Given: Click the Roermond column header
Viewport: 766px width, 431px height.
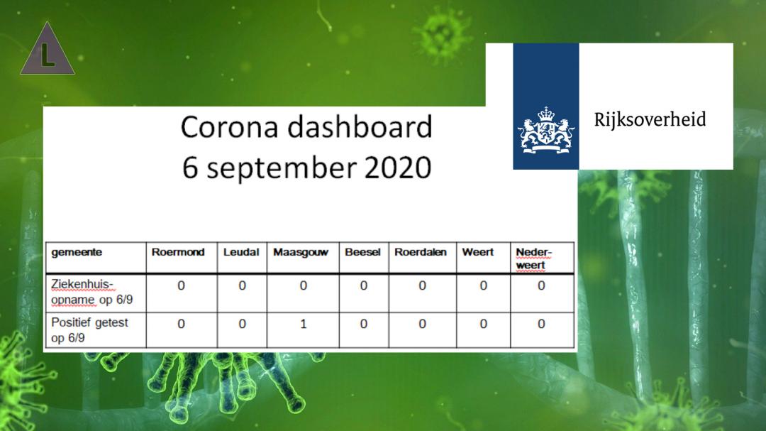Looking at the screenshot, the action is [178, 253].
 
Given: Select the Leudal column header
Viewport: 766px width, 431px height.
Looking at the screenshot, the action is [241, 253].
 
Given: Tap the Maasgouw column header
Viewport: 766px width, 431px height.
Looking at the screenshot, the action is [301, 253].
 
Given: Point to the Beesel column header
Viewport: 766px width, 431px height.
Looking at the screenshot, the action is [362, 253].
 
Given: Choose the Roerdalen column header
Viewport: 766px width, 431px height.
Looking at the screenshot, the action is [421, 253].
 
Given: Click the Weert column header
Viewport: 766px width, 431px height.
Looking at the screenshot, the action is [478, 253].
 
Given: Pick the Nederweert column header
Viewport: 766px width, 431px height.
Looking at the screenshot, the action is [533, 258].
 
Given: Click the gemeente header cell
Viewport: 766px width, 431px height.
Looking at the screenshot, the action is [77, 253].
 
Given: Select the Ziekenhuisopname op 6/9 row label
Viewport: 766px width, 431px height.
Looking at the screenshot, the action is [91, 292].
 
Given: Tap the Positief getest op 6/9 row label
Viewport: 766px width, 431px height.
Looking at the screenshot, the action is [89, 330].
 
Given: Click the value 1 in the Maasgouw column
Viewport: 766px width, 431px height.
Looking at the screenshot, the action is [304, 324].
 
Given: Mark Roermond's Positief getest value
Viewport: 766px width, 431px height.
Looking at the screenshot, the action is [182, 324].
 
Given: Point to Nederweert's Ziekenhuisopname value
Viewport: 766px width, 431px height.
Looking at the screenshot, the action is [541, 285].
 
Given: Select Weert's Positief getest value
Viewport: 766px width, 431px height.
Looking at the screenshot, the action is [483, 324].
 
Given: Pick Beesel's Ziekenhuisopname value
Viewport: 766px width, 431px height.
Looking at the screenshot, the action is [363, 285].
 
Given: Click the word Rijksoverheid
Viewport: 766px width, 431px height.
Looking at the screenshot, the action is [650, 120].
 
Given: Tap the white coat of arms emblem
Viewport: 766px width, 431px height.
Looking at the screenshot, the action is [546, 131].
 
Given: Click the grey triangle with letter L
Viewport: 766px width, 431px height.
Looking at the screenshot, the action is [48, 48].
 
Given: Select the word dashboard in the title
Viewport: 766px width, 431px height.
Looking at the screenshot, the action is [360, 126].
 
